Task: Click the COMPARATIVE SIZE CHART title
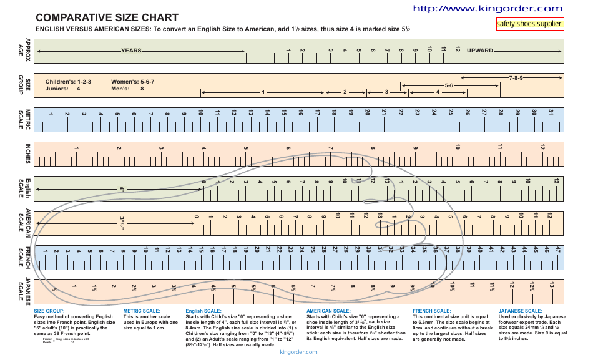(107, 17)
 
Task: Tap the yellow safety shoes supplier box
(529, 24)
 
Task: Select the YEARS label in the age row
(131, 51)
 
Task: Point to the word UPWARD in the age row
(480, 51)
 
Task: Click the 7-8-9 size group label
(516, 79)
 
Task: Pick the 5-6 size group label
(449, 85)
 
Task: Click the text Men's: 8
(127, 89)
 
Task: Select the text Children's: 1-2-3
(69, 82)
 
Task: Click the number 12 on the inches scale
(542, 147)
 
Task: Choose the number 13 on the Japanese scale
(552, 285)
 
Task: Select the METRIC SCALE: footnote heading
(142, 311)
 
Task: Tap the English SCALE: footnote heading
(203, 311)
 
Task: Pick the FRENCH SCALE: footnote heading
(432, 311)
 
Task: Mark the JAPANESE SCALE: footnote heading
(520, 311)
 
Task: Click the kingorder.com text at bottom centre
(299, 352)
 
